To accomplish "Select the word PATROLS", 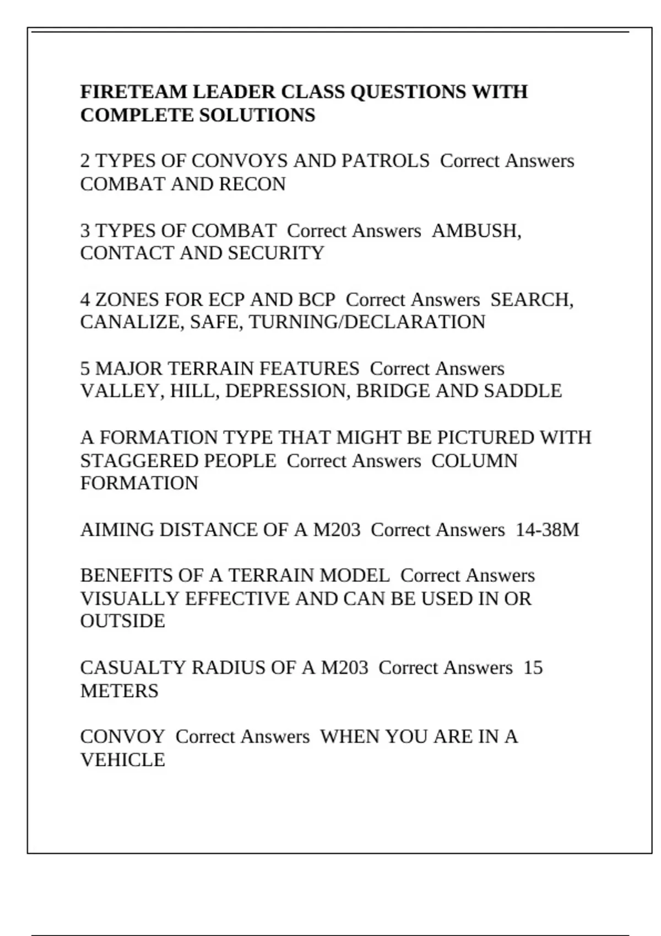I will [x=385, y=161].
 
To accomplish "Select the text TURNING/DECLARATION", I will [x=367, y=322].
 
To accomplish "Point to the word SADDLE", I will [x=523, y=391].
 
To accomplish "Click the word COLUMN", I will [x=474, y=460].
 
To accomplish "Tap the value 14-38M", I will [x=547, y=530].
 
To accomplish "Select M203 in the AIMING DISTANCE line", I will [x=337, y=530].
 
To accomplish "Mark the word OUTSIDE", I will [x=122, y=621].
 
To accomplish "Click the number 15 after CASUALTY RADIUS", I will [x=533, y=667].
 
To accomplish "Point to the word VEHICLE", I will [x=122, y=760].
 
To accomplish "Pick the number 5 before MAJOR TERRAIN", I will [x=85, y=368].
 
